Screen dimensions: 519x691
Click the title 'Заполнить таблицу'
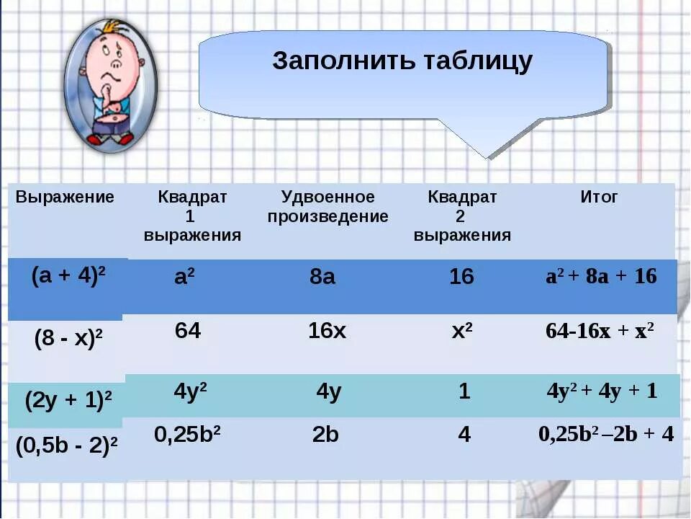[x=402, y=61]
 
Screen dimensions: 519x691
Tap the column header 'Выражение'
[x=65, y=198]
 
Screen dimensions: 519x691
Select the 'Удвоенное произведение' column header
[x=328, y=207]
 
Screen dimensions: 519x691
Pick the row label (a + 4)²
[x=69, y=278]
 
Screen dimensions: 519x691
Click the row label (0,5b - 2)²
[x=68, y=447]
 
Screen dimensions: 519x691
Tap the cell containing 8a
[x=322, y=277]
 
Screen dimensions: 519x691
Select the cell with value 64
[x=188, y=331]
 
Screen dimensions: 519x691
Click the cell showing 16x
[x=327, y=331]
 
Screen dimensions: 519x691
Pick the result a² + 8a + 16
[x=601, y=277]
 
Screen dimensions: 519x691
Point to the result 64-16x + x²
[x=600, y=331]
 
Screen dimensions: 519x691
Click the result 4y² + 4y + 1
[x=602, y=391]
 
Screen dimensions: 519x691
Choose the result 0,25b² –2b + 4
[x=606, y=435]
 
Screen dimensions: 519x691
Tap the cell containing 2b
[x=325, y=435]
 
